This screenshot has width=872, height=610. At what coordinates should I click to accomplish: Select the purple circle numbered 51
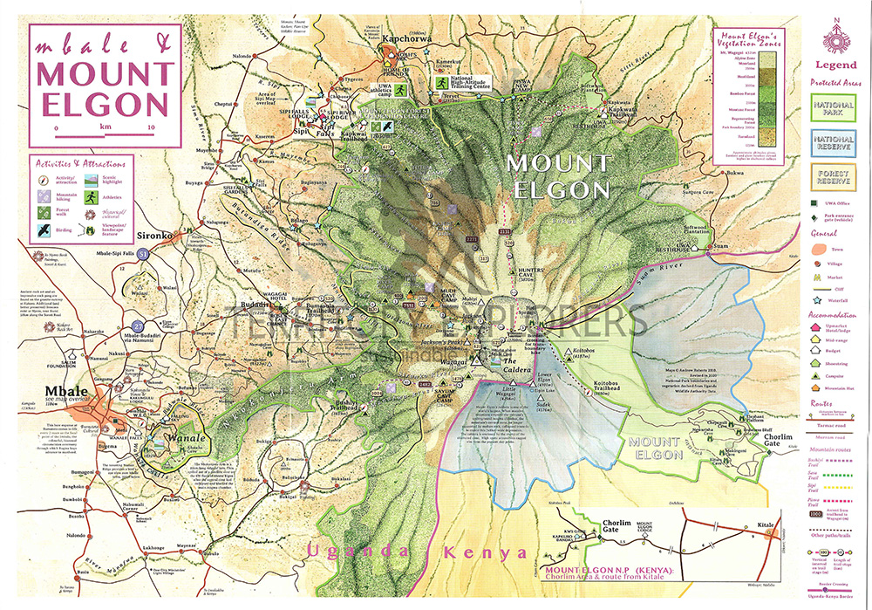pos(143,253)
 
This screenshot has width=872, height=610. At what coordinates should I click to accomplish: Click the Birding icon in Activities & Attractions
pos(42,230)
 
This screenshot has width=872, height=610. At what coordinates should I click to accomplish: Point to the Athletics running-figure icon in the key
pos(90,198)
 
